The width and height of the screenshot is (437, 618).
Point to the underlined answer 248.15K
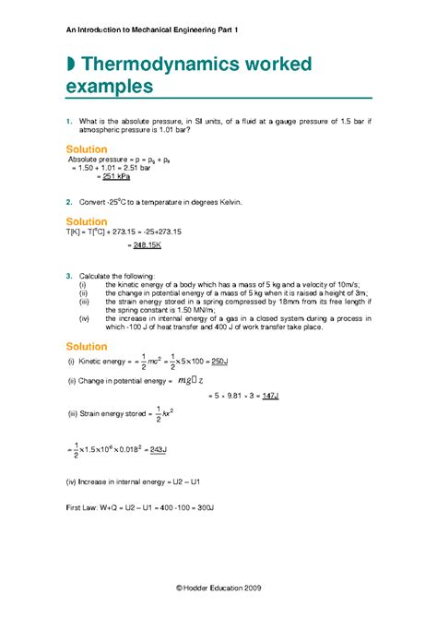tap(148, 245)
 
